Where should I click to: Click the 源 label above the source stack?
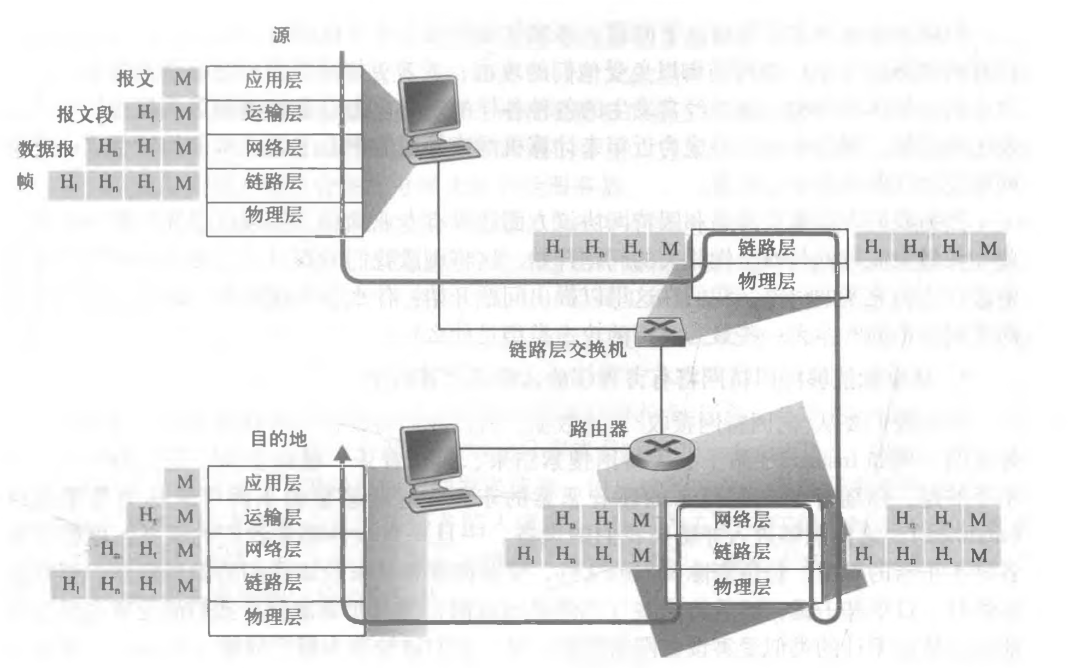pyautogui.click(x=281, y=36)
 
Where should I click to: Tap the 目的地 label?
pyautogui.click(x=278, y=438)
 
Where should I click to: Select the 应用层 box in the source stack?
pyautogui.click(x=273, y=81)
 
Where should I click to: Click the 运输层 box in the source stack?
pyautogui.click(x=273, y=114)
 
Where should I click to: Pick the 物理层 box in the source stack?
pyautogui.click(x=273, y=215)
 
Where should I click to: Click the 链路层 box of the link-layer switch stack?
pyautogui.click(x=766, y=248)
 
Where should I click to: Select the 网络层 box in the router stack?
pyautogui.click(x=742, y=519)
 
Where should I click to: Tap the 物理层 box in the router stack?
pyautogui.click(x=742, y=587)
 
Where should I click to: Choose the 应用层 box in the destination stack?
pyautogui.click(x=273, y=483)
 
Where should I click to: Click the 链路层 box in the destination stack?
pyautogui.click(x=273, y=583)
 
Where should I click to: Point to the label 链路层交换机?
pyautogui.click(x=567, y=350)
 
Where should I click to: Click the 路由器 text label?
pyautogui.click(x=598, y=429)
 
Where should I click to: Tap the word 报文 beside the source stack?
pyautogui.click(x=134, y=80)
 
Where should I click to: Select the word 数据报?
pyautogui.click(x=46, y=149)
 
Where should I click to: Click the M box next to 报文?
pyautogui.click(x=182, y=80)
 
